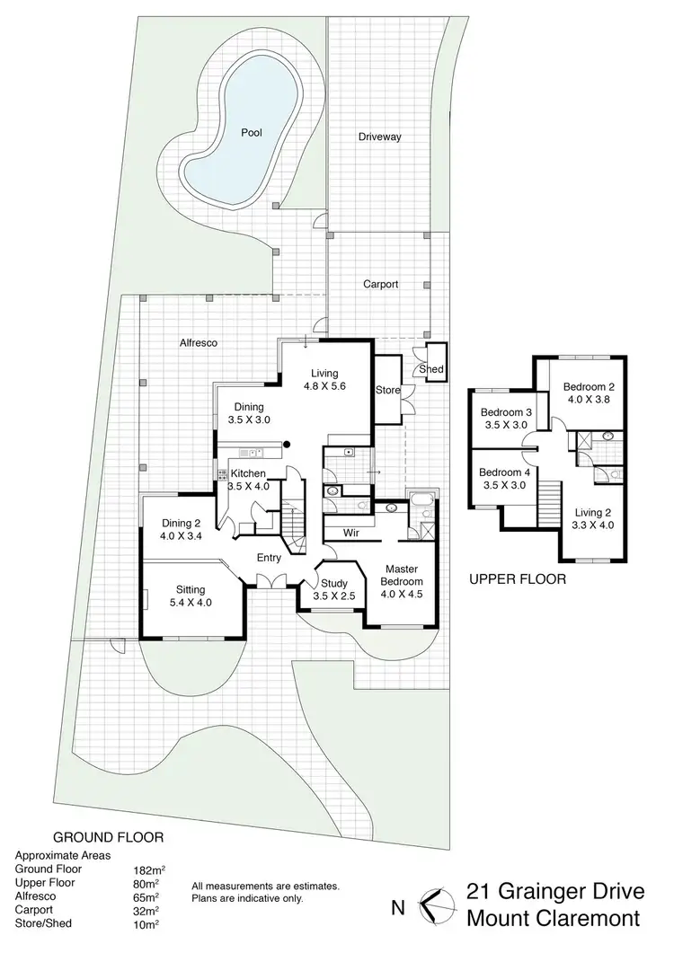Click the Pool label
click(x=252, y=133)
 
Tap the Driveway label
click(x=380, y=137)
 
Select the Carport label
click(x=380, y=284)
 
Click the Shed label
click(x=432, y=369)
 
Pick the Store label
click(x=387, y=390)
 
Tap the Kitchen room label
click(x=248, y=473)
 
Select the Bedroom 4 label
click(x=502, y=472)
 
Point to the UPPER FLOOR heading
click(x=518, y=580)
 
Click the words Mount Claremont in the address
click(x=553, y=919)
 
